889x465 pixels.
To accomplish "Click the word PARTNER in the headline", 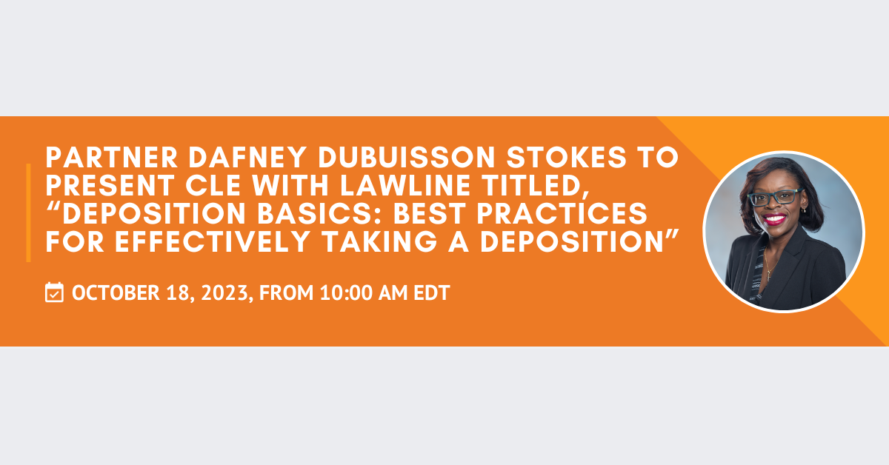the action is tap(112, 158).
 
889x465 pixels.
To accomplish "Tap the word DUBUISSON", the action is tap(407, 158).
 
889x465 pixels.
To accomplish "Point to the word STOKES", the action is tap(566, 158).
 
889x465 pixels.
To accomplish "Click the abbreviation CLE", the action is tap(213, 185).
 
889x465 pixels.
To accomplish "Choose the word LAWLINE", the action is tap(405, 185).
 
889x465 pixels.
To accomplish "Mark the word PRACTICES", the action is tap(562, 213).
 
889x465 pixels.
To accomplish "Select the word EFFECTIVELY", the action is tap(213, 241).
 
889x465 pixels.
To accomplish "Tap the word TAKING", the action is tap(379, 241).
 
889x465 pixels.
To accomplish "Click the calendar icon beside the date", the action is tap(54, 292).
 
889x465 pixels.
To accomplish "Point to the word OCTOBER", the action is tap(116, 292).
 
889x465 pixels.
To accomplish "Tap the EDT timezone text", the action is tap(432, 292).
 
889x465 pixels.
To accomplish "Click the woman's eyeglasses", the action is tap(774, 197).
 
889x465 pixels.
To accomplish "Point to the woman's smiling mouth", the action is tap(774, 219).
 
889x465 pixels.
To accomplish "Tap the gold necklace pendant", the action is tap(769, 275).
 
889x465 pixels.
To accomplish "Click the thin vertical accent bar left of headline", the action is tap(28, 213).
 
